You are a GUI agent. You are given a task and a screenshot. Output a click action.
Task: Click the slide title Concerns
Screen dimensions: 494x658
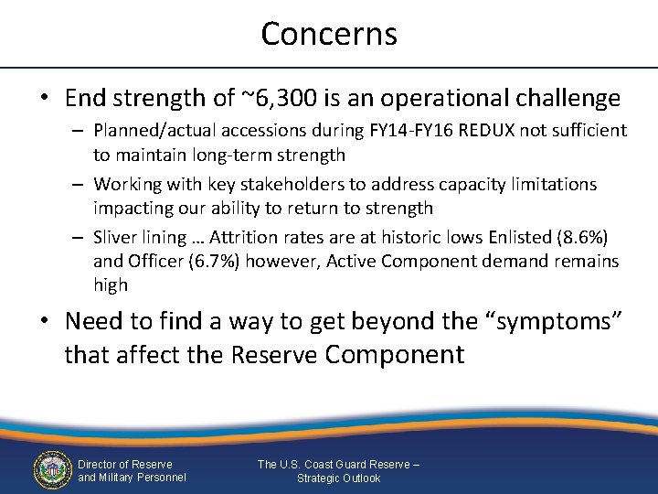329,34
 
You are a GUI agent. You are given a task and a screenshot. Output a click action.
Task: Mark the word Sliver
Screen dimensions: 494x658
118,237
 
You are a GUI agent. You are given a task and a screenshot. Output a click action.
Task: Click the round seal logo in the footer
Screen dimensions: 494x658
52,469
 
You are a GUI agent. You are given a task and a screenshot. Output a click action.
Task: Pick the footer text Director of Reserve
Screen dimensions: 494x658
124,464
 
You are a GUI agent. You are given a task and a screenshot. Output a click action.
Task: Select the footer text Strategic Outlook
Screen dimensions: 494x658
338,478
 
